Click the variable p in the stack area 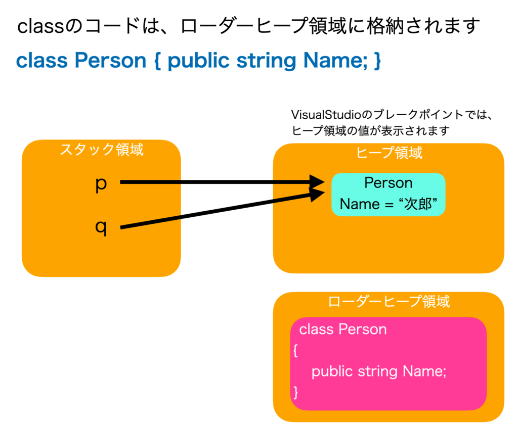(101, 185)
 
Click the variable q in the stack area (101, 228)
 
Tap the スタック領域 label (102, 149)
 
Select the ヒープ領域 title (389, 153)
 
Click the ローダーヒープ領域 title (389, 301)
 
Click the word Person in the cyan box (388, 182)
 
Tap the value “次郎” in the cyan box (418, 204)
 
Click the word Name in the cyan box (360, 204)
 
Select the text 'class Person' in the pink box (343, 329)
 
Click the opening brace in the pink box (295, 351)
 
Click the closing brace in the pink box (295, 392)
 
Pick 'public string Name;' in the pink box (379, 371)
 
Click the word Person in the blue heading (110, 61)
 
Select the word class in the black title (40, 26)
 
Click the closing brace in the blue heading (377, 61)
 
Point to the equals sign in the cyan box (389, 205)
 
